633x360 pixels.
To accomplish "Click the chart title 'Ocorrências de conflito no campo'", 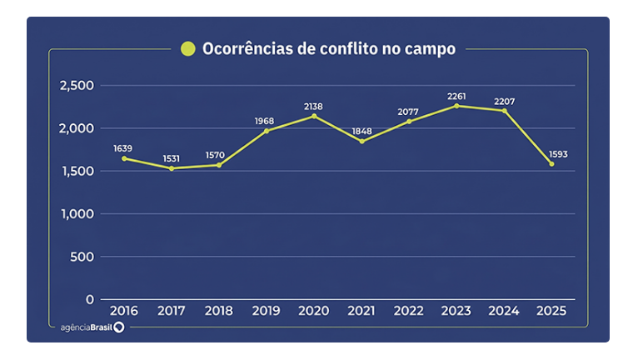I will [328, 49].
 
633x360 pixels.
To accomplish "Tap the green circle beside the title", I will [188, 49].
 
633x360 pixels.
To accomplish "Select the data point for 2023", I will [456, 106].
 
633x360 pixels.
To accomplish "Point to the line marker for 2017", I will [172, 168].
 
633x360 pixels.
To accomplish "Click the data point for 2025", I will [551, 163].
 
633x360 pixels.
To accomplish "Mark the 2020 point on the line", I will [314, 116].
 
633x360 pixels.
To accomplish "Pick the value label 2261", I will [456, 96].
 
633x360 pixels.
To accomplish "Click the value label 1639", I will [123, 148].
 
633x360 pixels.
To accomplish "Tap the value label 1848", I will [361, 131].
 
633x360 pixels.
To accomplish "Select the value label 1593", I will [551, 153].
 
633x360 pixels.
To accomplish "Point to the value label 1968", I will [265, 121].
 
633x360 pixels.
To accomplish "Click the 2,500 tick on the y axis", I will [77, 86].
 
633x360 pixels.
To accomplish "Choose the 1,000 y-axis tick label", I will [77, 214].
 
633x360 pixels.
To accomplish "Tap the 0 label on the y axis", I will [90, 299].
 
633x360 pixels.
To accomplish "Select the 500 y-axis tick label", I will [82, 257].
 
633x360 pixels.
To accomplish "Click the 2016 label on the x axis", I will [124, 311].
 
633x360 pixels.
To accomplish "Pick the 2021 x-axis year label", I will [361, 311].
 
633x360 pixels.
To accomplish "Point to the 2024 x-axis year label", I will [504, 311].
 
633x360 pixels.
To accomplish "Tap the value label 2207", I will [504, 102].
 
